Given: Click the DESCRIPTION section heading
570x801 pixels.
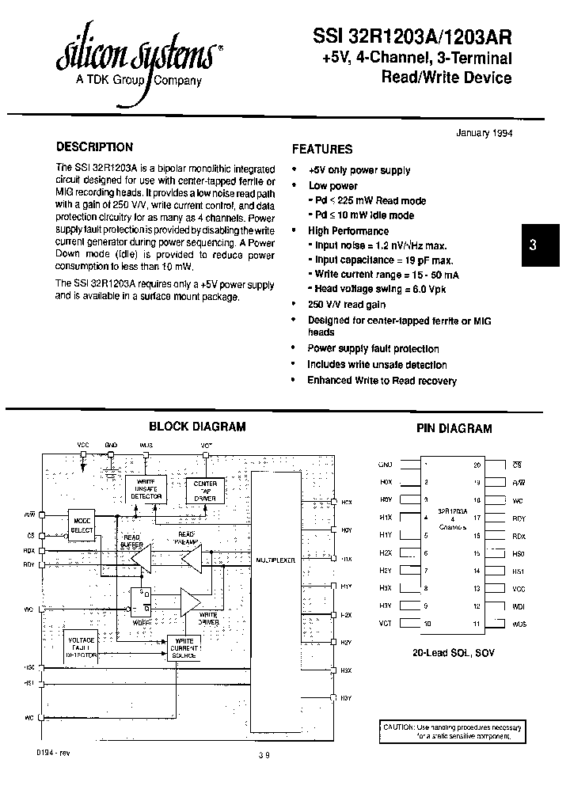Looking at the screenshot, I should tap(94, 147).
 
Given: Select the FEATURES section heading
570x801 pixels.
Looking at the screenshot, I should tap(322, 149).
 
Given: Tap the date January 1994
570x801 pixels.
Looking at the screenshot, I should tap(484, 133).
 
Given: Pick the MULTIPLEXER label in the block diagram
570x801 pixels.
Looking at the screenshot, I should tap(275, 560).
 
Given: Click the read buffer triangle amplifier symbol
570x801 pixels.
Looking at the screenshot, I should tap(142, 560).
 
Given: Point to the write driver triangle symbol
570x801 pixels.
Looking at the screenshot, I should tap(191, 602).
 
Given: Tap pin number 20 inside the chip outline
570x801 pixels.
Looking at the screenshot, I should tap(477, 465).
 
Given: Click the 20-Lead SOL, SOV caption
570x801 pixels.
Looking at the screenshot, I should tap(452, 654).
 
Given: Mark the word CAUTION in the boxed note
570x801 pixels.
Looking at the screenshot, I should tap(399, 727).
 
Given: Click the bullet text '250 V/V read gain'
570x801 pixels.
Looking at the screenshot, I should tap(347, 304).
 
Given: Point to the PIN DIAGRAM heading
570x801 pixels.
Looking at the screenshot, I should tap(454, 428).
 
